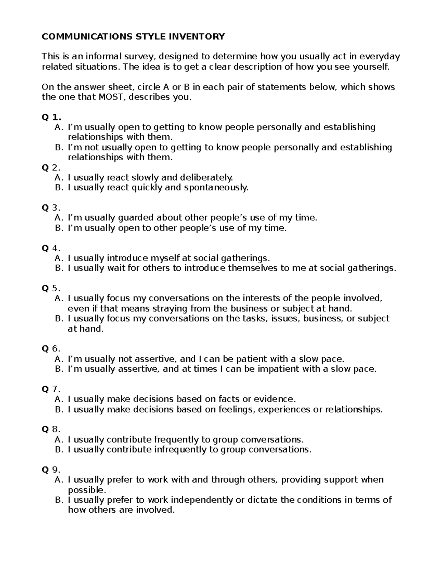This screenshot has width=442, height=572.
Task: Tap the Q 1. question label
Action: pos(51,117)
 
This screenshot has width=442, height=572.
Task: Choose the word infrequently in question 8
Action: pos(180,449)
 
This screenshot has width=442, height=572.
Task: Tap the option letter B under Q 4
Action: pos(59,268)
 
